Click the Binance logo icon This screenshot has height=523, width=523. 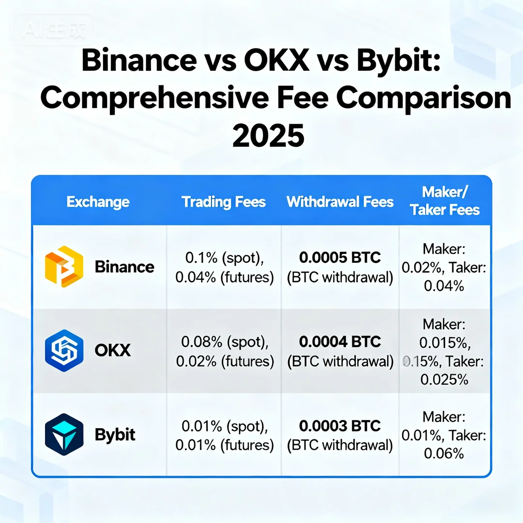coord(64,267)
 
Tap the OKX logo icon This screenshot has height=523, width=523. coord(64,351)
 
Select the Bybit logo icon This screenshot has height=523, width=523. coord(64,434)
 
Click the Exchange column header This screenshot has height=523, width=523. coord(98,202)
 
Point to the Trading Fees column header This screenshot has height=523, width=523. coord(224,202)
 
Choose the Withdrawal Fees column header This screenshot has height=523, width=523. coord(340,202)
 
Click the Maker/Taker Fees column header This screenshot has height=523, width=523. coord(445,200)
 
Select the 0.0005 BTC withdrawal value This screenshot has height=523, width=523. coord(340,258)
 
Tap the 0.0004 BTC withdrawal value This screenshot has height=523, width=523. coord(340,342)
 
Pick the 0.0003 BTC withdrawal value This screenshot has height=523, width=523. coord(340,426)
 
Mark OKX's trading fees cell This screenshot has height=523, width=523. coord(224,352)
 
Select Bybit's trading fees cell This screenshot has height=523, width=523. coord(224,436)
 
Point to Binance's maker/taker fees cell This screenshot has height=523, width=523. coord(444,268)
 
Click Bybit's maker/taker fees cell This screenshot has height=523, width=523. coord(444,435)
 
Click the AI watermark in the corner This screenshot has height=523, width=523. coord(54,30)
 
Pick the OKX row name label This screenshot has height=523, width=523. coord(113,351)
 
